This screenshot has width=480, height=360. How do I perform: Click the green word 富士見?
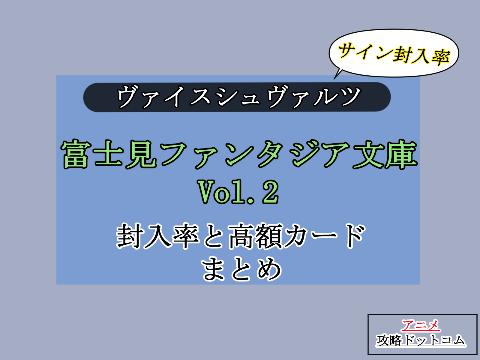tap(109, 154)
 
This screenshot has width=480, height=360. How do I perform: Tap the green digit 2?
tap(270, 192)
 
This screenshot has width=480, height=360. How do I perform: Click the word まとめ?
tap(241, 268)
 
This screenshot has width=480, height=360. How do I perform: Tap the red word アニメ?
tap(421, 325)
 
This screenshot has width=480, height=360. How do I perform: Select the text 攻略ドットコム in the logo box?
tap(421, 340)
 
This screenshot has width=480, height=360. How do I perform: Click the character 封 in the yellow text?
tap(402, 54)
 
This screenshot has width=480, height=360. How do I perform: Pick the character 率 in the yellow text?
tap(440, 57)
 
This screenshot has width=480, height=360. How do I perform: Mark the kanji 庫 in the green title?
tap(401, 154)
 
